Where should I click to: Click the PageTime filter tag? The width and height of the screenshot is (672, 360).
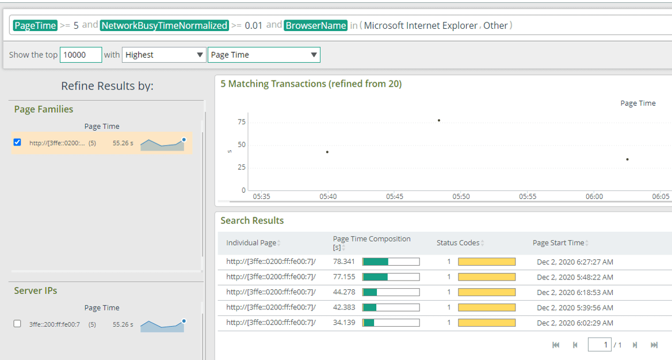click(35, 25)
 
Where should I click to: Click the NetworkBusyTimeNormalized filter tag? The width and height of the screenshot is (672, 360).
click(164, 25)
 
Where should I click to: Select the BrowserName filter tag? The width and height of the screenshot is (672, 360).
click(315, 25)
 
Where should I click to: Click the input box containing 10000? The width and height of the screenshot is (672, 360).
click(81, 55)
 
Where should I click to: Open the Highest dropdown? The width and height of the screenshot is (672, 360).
click(164, 55)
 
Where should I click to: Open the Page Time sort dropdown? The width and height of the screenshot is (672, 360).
click(264, 55)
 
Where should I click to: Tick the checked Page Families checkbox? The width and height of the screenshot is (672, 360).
click(17, 142)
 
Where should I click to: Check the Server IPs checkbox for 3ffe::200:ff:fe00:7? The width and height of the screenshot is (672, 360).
click(17, 324)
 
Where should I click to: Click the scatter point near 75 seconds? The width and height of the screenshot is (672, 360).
click(439, 120)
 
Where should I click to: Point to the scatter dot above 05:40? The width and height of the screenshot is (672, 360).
click(327, 152)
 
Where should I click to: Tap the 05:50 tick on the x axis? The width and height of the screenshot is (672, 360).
click(461, 196)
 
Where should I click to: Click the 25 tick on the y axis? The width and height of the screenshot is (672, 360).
click(241, 167)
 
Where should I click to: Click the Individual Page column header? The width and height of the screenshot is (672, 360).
click(251, 243)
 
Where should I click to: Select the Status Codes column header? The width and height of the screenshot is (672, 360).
click(458, 243)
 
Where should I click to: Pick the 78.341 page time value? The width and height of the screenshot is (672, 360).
click(344, 262)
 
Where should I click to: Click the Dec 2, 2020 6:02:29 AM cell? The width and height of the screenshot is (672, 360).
click(575, 323)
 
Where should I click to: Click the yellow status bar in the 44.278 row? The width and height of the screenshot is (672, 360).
click(486, 292)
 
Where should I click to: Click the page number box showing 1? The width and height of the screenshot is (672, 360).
click(599, 344)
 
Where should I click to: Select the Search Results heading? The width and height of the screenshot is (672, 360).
click(252, 220)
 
